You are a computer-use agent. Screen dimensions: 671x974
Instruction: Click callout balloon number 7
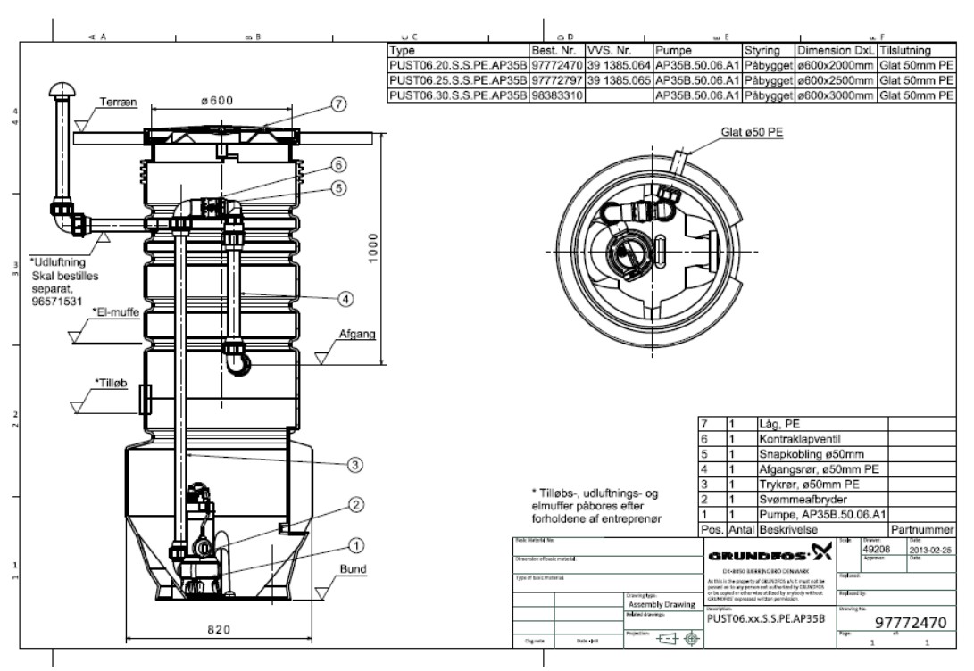tap(337, 104)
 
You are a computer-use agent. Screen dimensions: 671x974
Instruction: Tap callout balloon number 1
tap(355, 543)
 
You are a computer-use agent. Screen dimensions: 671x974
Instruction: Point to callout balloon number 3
tap(355, 464)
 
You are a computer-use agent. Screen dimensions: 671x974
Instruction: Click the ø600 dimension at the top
tap(217, 101)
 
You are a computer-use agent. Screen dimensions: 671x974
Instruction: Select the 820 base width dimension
tap(219, 630)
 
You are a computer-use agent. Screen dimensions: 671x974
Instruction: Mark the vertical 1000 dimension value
tap(374, 252)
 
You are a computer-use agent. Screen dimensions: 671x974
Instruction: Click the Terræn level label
tap(119, 104)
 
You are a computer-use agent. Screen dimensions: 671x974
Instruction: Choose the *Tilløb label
tap(112, 381)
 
